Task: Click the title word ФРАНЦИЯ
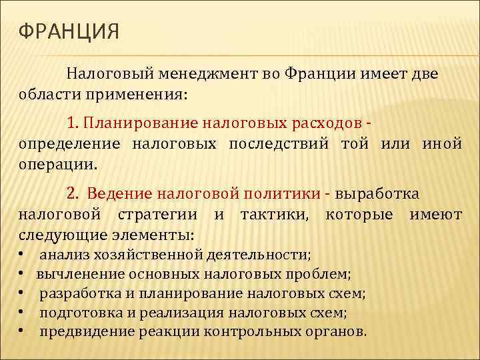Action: click(x=69, y=32)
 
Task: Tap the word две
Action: click(x=422, y=73)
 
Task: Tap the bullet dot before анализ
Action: click(x=22, y=255)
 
